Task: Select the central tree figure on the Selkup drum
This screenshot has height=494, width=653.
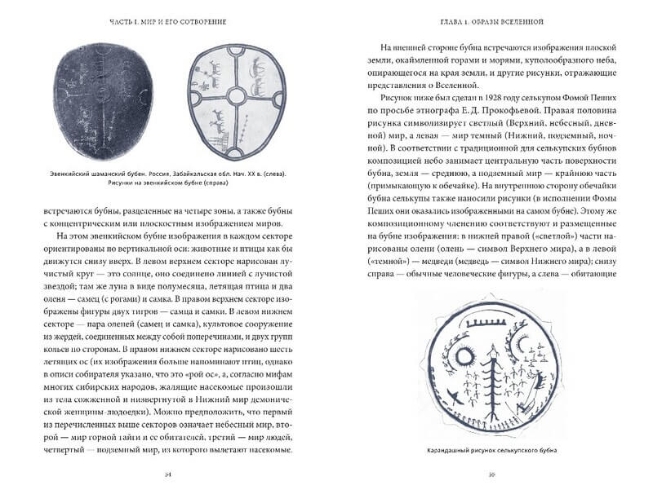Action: coord(491,376)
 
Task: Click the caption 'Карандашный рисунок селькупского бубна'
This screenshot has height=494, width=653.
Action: coord(490,452)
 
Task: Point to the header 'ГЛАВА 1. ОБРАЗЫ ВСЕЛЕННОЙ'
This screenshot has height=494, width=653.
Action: coord(490,18)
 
